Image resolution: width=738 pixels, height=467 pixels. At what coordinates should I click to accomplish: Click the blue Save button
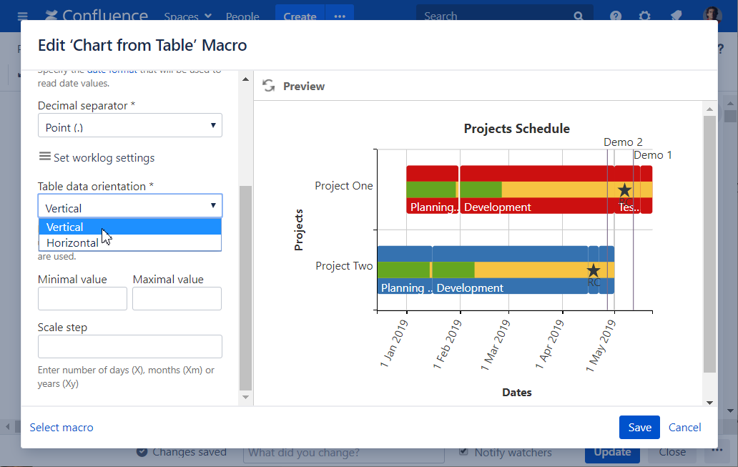coord(639,427)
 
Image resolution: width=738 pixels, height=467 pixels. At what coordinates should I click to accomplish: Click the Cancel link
coord(684,427)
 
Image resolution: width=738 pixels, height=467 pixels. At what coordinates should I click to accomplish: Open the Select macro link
coord(62,427)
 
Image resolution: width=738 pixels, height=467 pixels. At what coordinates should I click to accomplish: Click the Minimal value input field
coord(82,299)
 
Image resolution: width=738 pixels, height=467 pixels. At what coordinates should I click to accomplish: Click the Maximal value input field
coord(177,299)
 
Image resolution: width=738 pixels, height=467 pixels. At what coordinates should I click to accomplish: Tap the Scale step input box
coord(129,347)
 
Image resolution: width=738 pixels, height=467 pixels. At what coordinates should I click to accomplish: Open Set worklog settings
coord(97,157)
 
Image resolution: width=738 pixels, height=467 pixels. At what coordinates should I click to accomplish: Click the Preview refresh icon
coord(269,86)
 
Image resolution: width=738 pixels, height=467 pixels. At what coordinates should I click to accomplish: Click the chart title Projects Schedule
coord(516,129)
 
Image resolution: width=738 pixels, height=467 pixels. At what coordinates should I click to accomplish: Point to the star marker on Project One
coord(624,190)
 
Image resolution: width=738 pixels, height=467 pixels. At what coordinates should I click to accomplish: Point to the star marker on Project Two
coord(593,270)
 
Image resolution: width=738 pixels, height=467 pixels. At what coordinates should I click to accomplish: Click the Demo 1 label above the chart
coord(652,155)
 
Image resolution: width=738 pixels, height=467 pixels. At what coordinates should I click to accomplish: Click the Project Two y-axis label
coord(344,266)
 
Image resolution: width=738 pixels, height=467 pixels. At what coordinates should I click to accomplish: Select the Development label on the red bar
coord(497,207)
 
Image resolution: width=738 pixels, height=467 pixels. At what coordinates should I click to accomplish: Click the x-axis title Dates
coord(516,393)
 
